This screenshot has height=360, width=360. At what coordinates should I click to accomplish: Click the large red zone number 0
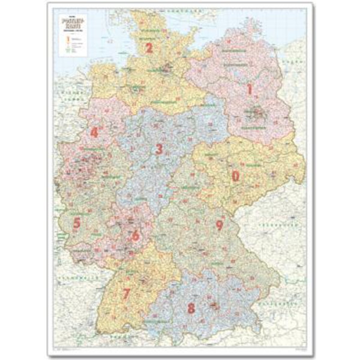(236, 176)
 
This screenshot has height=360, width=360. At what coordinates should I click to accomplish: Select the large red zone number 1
(250, 89)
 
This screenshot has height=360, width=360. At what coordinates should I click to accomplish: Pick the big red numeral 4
(77, 223)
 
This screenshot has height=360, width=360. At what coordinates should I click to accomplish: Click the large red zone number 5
(136, 236)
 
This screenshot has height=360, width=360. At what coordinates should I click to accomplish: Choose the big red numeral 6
(127, 293)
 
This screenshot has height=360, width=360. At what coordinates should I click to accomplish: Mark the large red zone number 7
(191, 309)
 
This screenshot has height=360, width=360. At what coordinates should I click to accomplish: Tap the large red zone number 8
(220, 225)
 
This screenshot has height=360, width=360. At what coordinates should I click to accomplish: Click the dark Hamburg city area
(165, 67)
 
